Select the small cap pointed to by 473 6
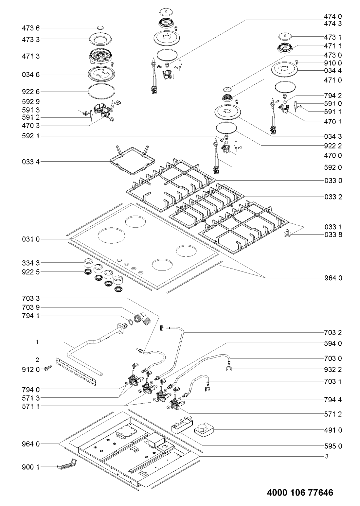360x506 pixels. point(100,28)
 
